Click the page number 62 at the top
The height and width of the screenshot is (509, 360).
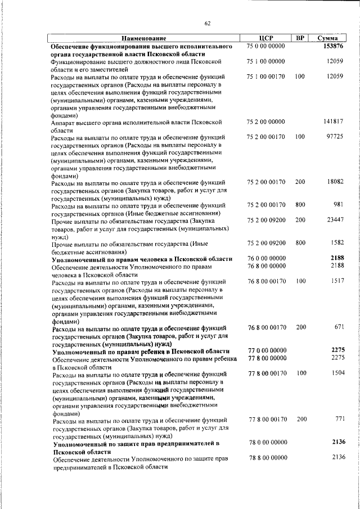(x=207, y=22)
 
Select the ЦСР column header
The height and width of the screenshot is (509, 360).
(x=266, y=38)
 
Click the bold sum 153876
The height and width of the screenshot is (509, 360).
(x=333, y=46)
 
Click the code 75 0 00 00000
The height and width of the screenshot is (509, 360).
(x=266, y=46)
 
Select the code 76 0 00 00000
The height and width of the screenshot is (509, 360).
(x=267, y=258)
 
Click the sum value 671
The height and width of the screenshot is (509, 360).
(x=338, y=327)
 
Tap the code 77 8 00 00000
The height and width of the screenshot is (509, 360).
(x=267, y=357)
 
